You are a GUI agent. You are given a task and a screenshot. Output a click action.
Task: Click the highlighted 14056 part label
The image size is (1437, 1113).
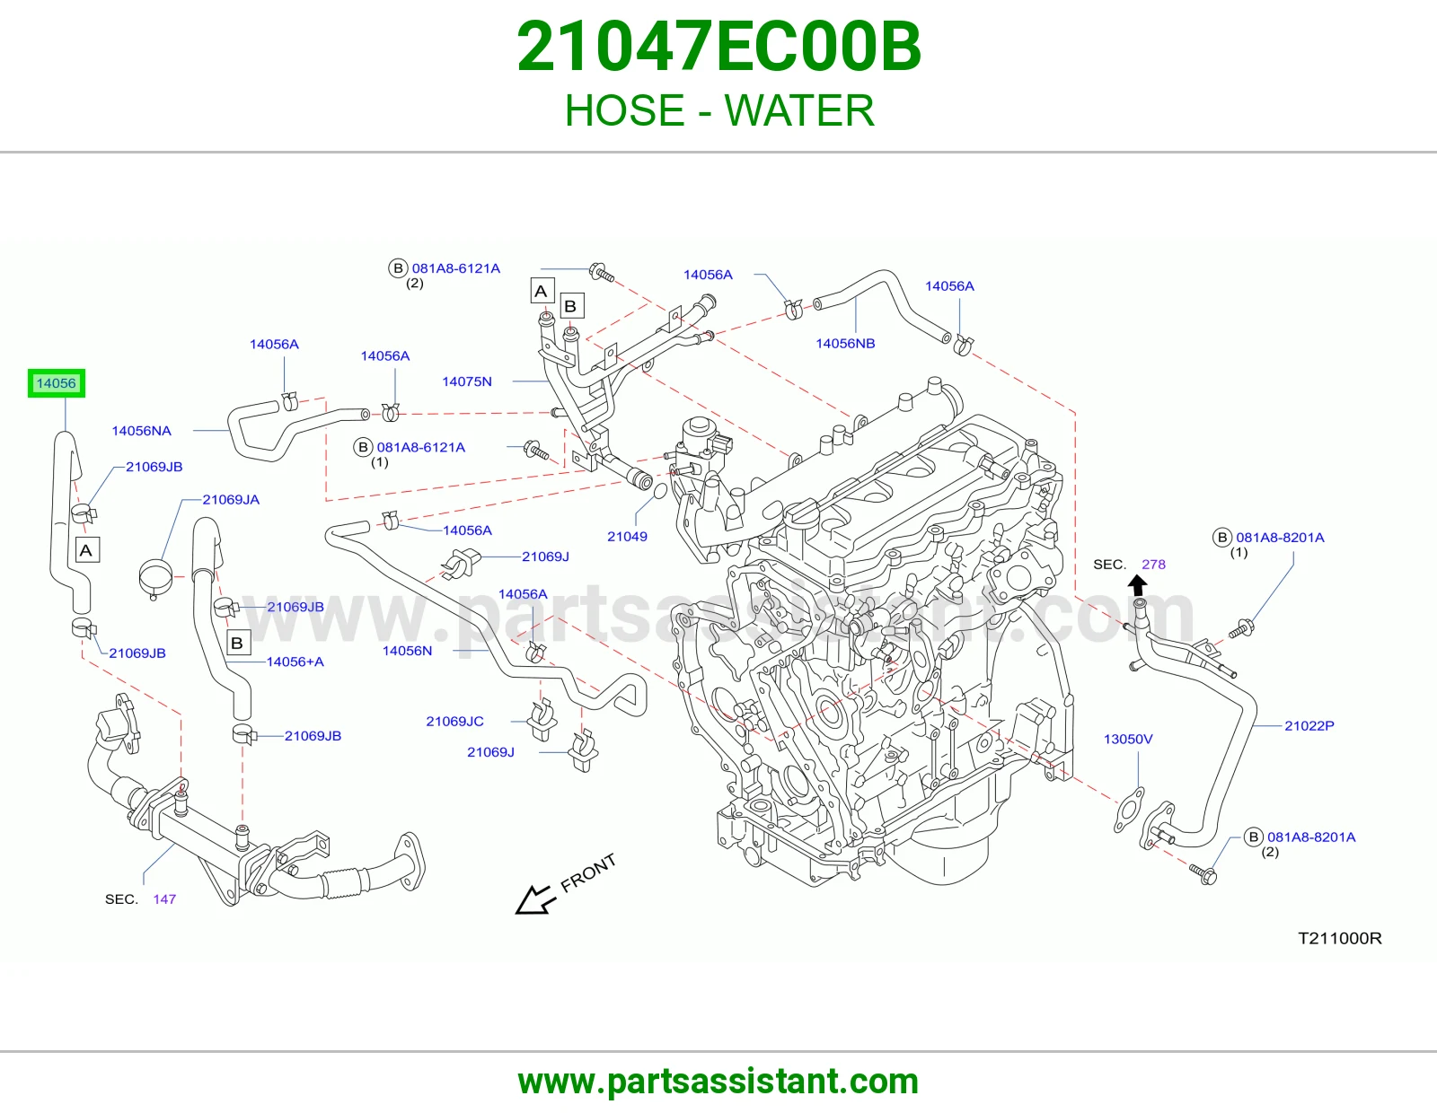[57, 383]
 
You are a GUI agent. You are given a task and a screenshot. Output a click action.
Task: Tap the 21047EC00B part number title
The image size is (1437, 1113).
[718, 47]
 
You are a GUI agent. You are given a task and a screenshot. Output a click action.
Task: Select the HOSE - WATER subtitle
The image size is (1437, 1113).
[718, 110]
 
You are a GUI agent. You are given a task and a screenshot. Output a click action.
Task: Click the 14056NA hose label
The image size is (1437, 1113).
[142, 431]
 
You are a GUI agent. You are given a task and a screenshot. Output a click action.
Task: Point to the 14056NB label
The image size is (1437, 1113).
[845, 344]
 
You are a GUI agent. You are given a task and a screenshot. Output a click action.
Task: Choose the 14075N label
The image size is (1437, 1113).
[467, 381]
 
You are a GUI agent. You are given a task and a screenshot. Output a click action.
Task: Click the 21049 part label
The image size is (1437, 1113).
[627, 537]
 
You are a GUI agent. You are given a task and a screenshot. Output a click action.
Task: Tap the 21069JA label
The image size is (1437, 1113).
[231, 500]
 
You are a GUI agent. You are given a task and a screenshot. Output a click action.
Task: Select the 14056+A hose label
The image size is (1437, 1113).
[295, 662]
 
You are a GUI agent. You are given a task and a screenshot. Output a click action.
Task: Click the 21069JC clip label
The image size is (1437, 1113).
[455, 721]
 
